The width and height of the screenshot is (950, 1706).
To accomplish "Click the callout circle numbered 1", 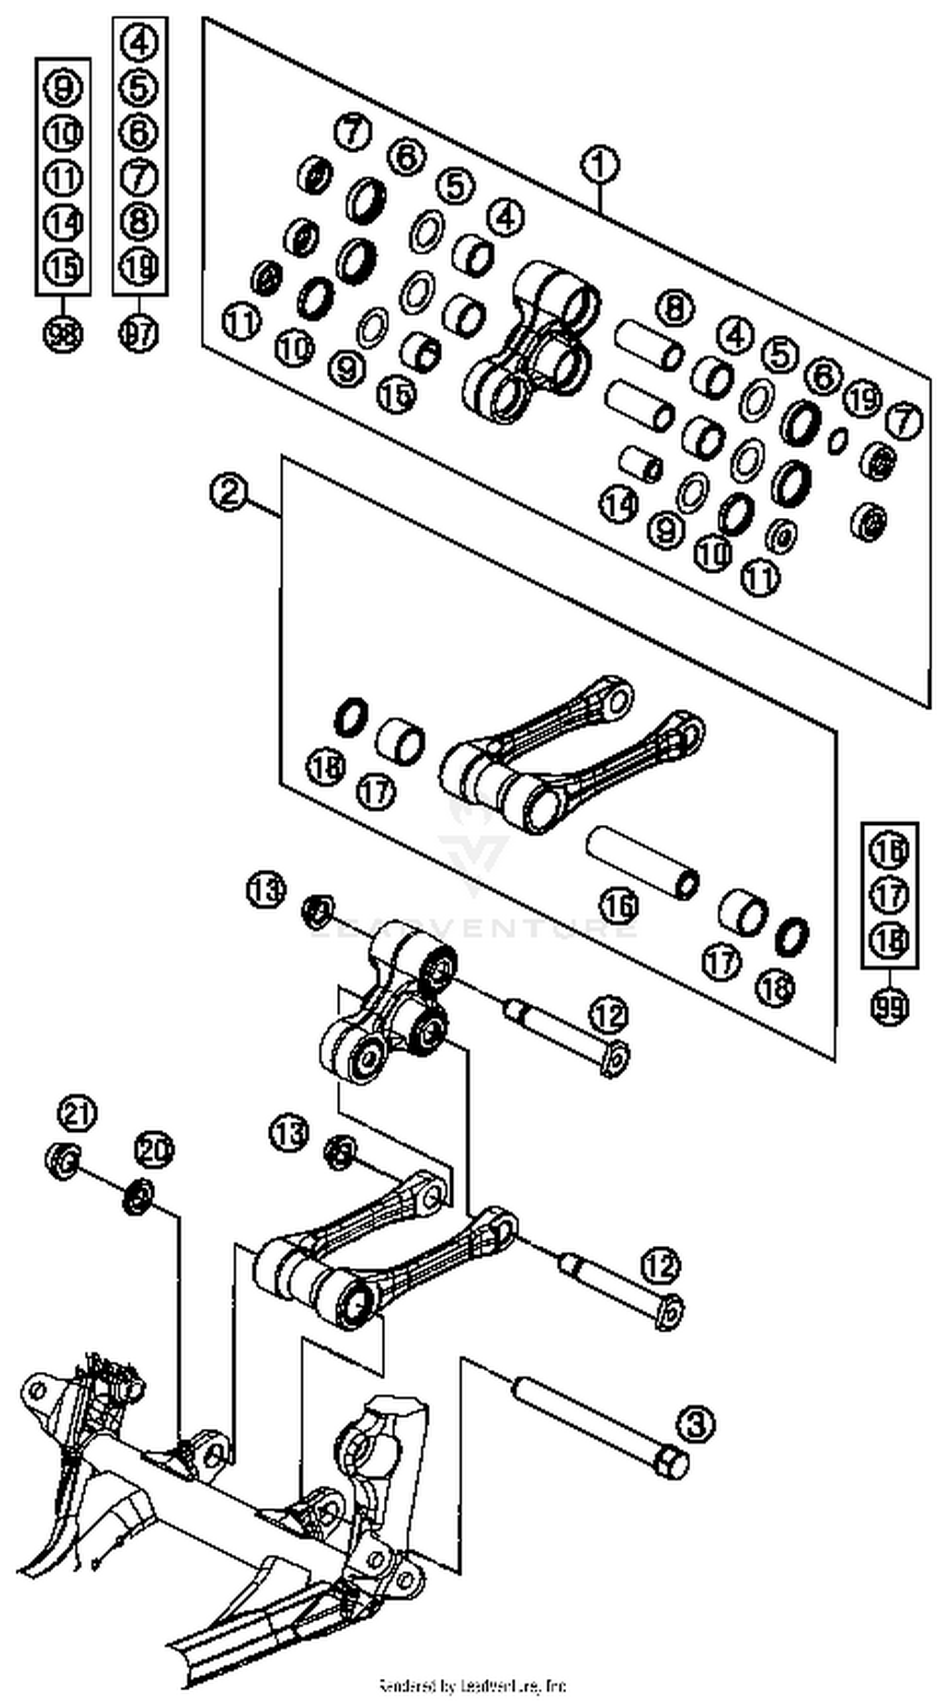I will (x=600, y=166).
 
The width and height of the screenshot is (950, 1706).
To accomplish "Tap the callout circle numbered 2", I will (x=229, y=492).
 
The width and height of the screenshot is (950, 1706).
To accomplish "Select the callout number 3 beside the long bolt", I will (x=695, y=1423).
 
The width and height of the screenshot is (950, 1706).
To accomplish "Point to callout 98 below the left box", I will (x=63, y=334).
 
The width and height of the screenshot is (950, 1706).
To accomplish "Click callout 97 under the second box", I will (x=139, y=332).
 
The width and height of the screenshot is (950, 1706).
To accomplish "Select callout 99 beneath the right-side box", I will (x=889, y=1007).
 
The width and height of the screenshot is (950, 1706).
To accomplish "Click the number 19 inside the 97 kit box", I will (x=139, y=267).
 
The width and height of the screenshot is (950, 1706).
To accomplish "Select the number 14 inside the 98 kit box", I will (x=63, y=223).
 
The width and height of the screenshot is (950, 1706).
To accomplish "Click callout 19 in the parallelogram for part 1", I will (x=863, y=399).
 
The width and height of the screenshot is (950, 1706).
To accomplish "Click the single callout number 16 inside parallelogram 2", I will (x=619, y=905).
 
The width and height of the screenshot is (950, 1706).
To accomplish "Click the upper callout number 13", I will (x=267, y=889).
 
